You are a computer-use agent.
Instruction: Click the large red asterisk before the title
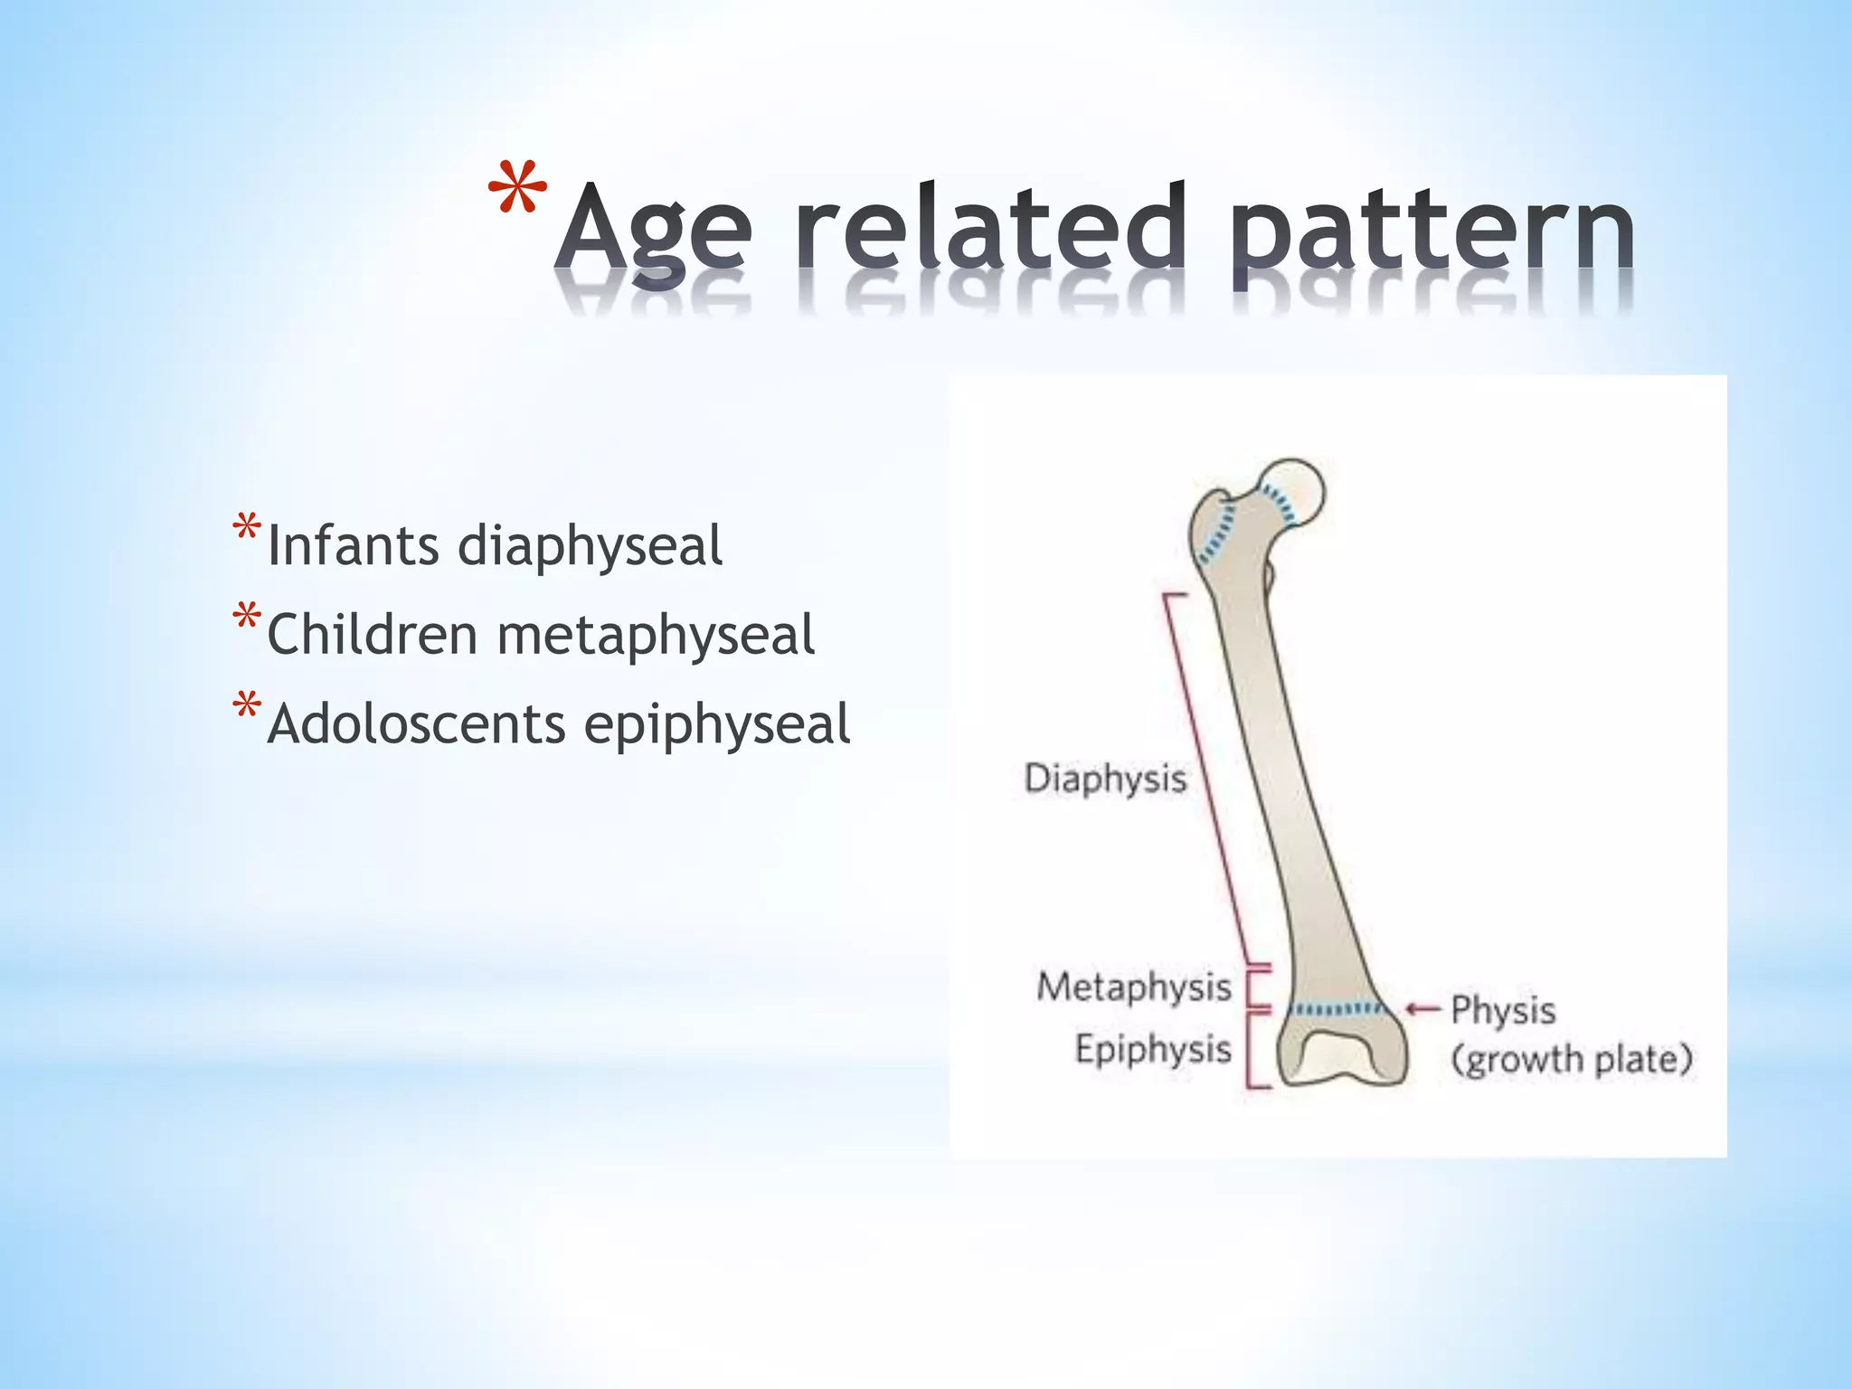click(517, 192)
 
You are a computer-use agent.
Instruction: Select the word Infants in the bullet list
click(354, 546)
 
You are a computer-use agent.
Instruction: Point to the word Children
click(372, 634)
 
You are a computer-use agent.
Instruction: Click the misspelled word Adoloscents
click(416, 724)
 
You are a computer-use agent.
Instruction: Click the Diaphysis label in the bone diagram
click(1104, 779)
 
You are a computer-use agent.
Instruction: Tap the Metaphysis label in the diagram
click(1134, 987)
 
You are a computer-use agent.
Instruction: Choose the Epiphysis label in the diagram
click(1153, 1049)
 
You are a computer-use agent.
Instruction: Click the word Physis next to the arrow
click(1503, 1010)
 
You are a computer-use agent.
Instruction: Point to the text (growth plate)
click(1572, 1059)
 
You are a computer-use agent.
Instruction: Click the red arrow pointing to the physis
click(1422, 1008)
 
